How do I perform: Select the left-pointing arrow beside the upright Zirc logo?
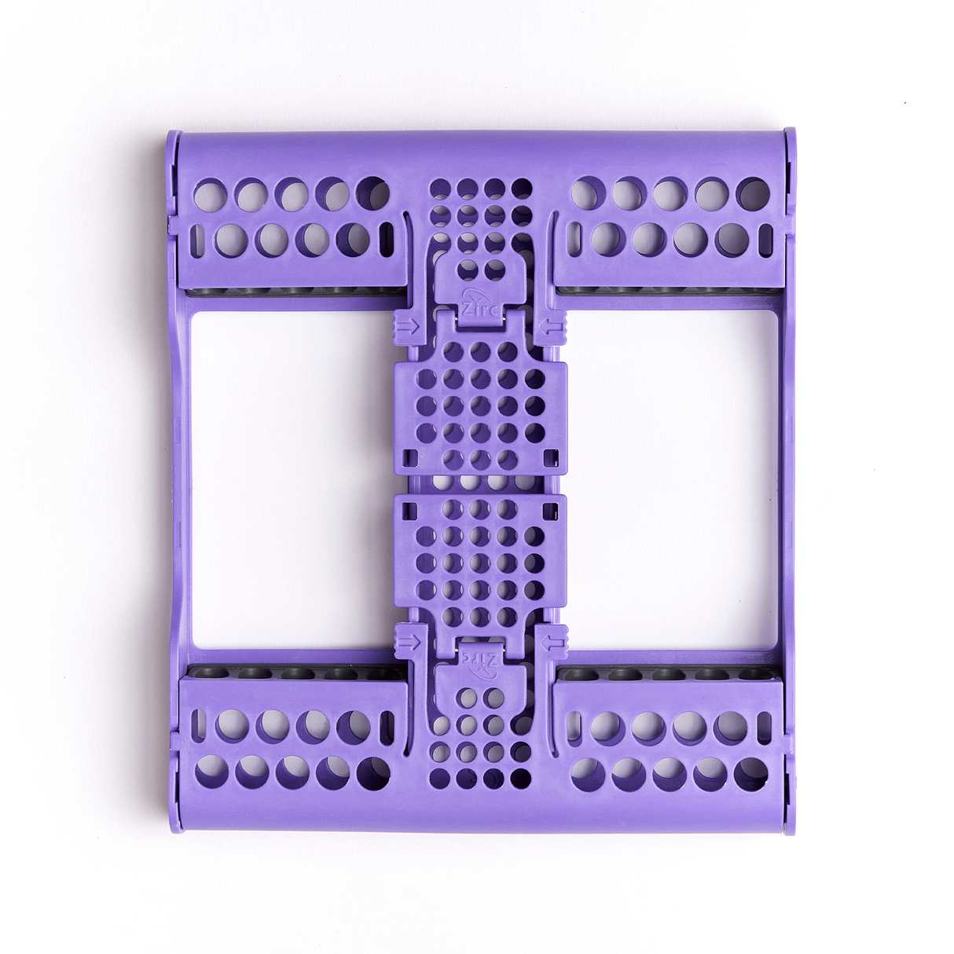tap(552, 326)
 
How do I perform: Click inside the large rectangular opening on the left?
tap(292, 479)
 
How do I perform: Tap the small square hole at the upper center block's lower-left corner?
tap(410, 457)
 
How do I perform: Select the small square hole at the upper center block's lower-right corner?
tap(551, 457)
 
